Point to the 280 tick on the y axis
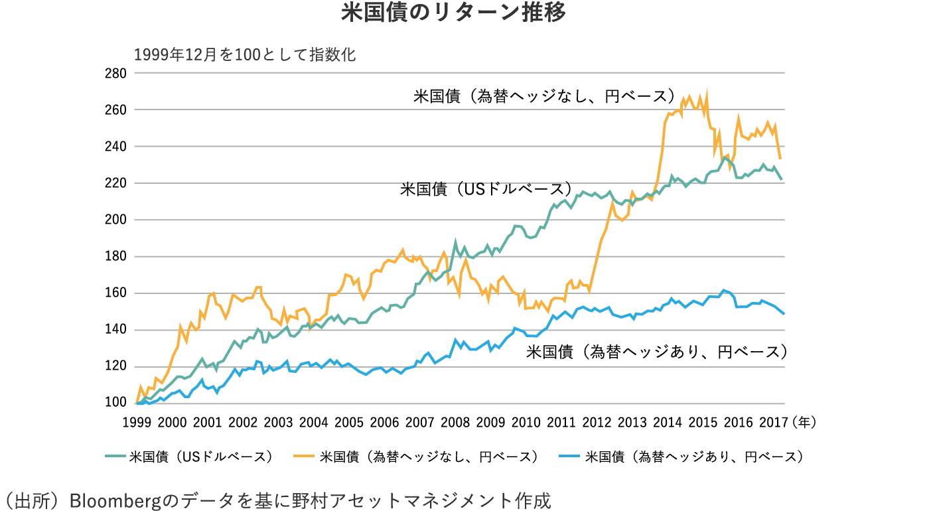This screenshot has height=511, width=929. tap(116, 73)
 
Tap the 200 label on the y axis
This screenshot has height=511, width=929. tap(116, 220)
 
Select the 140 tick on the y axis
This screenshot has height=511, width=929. tap(116, 330)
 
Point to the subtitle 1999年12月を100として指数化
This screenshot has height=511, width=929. tap(245, 54)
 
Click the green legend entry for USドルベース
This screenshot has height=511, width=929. tap(189, 457)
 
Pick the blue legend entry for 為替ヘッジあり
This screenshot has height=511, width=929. tap(683, 457)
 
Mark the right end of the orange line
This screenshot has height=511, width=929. tap(780, 159)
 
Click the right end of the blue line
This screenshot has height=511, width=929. tap(784, 314)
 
